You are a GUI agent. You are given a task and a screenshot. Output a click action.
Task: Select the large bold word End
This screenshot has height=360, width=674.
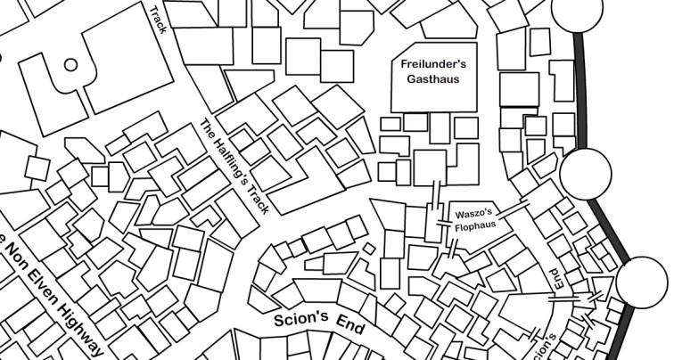pos(349,329)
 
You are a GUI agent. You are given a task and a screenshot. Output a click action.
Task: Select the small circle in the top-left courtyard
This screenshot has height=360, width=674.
pos(70,64)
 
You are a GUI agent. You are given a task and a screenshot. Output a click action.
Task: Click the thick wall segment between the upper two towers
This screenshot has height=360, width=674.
pos(580,89)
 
